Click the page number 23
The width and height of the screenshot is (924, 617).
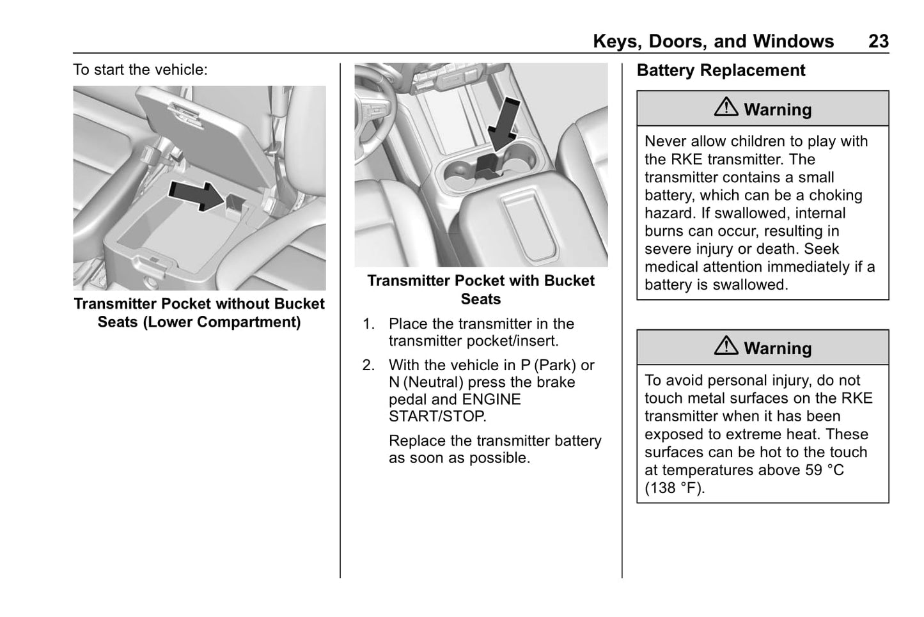[878, 42]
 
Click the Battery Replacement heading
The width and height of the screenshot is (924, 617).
[721, 70]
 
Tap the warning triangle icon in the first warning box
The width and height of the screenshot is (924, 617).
[726, 107]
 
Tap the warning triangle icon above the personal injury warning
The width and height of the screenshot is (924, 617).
[726, 346]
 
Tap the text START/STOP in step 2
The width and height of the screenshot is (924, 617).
[437, 417]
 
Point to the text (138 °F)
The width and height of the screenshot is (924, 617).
[675, 488]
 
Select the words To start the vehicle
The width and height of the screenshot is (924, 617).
[140, 70]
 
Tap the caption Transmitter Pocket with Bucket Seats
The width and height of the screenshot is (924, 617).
[481, 290]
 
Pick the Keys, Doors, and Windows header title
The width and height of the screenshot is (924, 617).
[713, 42]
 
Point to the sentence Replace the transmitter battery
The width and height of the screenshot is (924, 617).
[495, 441]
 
